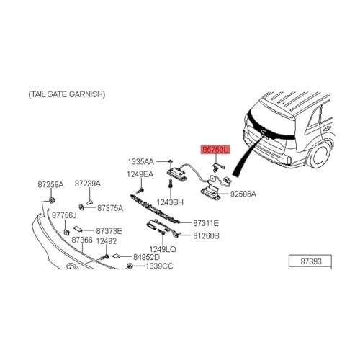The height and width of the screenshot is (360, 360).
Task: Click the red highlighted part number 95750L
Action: pos(215,150)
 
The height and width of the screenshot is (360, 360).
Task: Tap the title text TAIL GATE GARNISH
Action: pos(67,94)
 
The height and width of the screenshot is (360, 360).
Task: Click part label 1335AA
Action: pos(140,162)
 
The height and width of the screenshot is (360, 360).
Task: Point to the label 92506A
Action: pos(243,194)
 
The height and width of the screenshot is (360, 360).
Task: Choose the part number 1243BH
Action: pos(170,202)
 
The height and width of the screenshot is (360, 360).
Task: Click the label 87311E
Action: pos(206,223)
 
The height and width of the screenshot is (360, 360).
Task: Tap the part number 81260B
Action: pos(206,236)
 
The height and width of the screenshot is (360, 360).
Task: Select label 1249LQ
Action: pos(163,249)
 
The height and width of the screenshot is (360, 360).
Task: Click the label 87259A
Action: pos(50,185)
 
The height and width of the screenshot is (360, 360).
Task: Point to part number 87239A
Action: pos(88,184)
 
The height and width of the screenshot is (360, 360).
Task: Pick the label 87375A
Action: pos(110,208)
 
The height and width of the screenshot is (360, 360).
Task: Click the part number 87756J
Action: pos(64,215)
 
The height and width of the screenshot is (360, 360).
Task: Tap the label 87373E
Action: pos(109,231)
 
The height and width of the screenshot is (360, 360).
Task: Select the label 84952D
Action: pos(146,257)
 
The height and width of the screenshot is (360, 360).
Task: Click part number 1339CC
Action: pos(159,266)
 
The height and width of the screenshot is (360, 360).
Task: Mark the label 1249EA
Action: pos(140,174)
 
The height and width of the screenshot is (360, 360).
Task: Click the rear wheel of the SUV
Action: pos(319,155)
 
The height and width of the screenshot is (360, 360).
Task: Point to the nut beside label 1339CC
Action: pos(130,266)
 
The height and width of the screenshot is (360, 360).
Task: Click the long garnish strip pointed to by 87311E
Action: pos(155,209)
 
